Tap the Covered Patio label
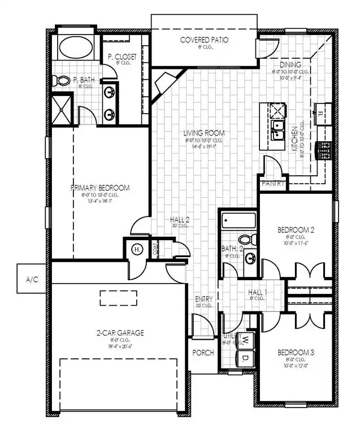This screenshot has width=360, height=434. pos(204,40)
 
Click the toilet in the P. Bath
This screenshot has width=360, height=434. pos(63,81)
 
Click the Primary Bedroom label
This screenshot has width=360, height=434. pos(100,188)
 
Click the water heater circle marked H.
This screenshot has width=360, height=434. pos(136,249)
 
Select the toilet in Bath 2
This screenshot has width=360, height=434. pos(245,240)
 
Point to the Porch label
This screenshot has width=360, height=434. pos(203,353)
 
